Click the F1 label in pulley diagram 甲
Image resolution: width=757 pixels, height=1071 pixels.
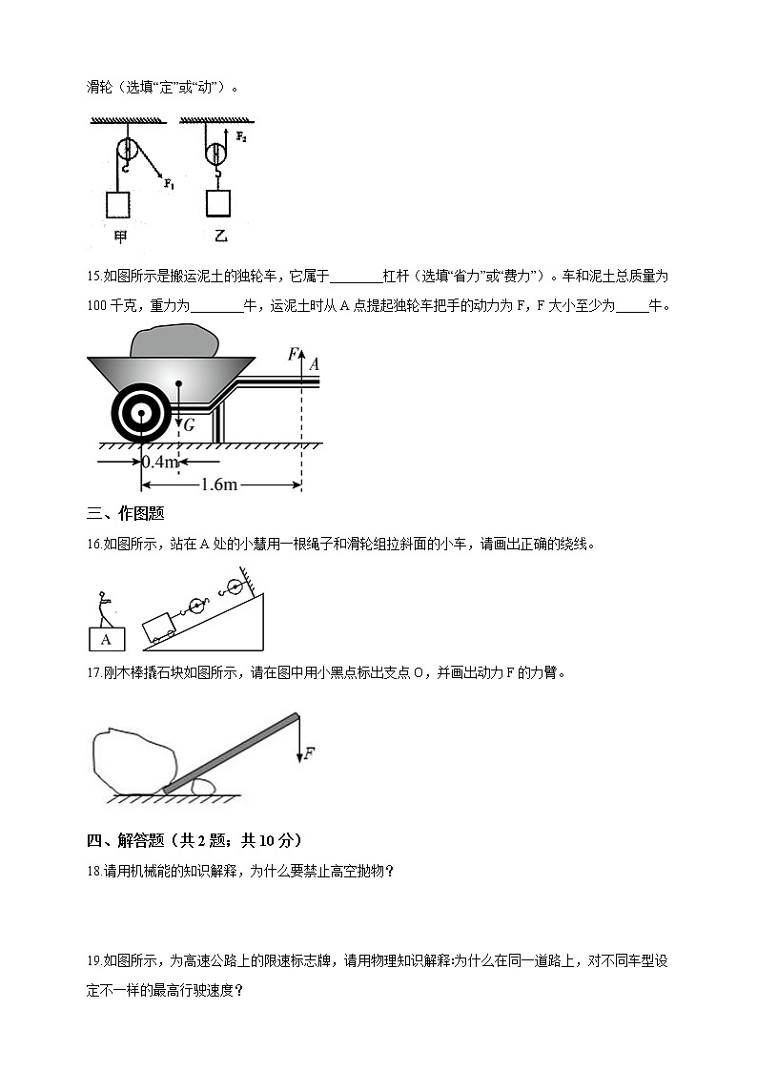[169, 183]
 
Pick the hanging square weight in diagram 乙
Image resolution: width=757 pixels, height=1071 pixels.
[218, 204]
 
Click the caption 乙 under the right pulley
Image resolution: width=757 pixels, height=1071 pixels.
[220, 236]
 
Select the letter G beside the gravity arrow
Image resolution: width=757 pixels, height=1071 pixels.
[190, 425]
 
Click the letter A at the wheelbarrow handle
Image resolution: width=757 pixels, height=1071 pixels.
[314, 363]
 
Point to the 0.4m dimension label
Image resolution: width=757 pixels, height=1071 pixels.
[159, 463]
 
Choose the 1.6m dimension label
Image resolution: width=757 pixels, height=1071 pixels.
[218, 484]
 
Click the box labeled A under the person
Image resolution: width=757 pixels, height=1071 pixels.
[106, 639]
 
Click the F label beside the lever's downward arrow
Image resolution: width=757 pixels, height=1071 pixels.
[309, 754]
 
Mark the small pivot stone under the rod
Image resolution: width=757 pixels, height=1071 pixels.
[202, 787]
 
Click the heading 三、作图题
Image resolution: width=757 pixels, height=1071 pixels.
[125, 514]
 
